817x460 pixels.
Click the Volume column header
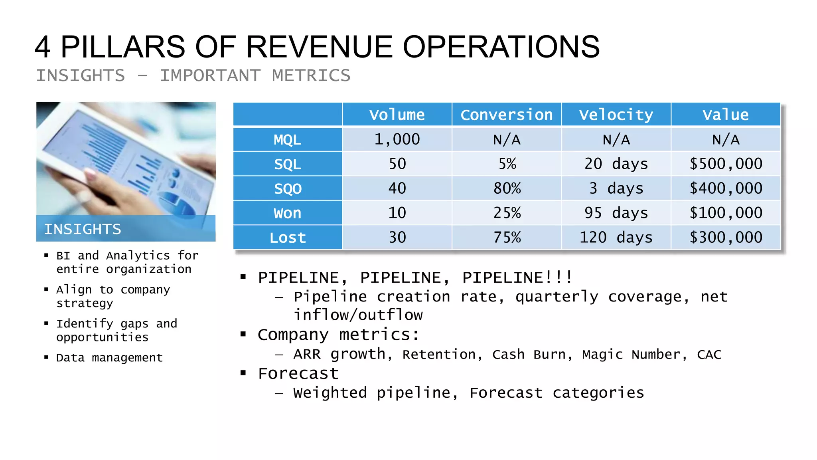(x=397, y=115)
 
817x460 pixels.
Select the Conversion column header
(x=507, y=115)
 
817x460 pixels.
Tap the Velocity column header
(x=616, y=115)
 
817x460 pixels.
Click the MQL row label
(x=287, y=140)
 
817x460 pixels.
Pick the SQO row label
(x=287, y=188)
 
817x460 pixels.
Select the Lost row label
(x=287, y=238)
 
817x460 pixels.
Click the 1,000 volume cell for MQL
(x=397, y=139)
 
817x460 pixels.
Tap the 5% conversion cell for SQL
(x=507, y=164)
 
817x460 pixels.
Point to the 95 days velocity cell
(x=616, y=213)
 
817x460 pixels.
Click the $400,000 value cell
(x=726, y=188)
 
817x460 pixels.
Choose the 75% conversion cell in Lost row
(x=507, y=238)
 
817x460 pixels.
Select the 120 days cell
(x=616, y=238)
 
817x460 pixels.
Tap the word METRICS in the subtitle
(x=311, y=76)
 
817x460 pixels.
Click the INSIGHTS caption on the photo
(x=83, y=229)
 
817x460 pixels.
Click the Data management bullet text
(x=109, y=358)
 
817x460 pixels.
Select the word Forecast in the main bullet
(x=298, y=374)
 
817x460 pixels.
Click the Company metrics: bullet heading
(x=338, y=335)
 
